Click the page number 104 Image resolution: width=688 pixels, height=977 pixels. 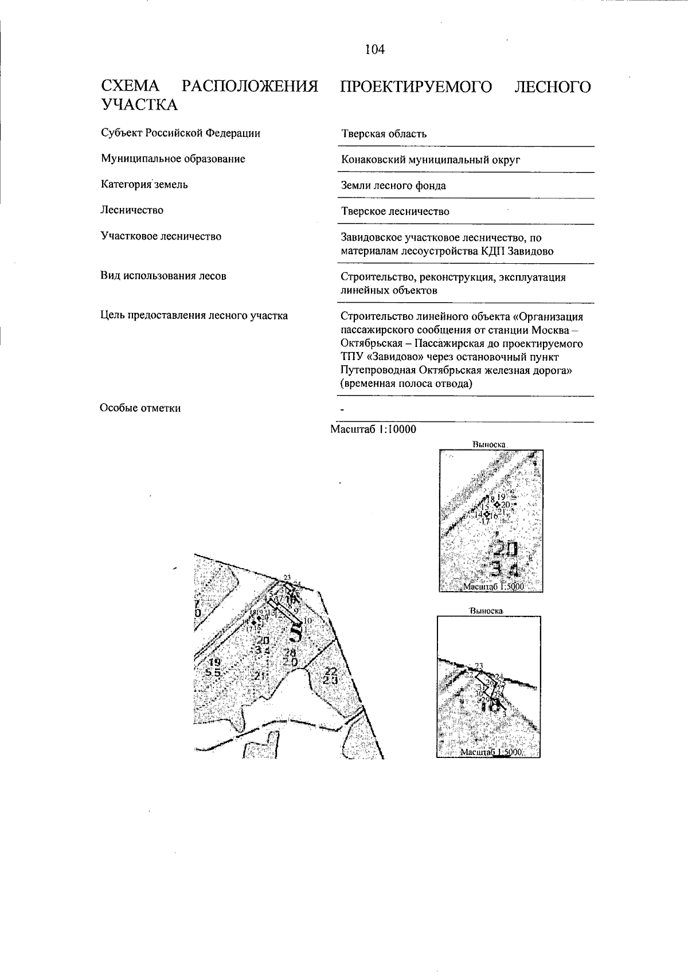374,50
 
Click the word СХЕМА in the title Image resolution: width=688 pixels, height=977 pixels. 131,87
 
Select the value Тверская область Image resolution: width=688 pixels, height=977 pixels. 384,134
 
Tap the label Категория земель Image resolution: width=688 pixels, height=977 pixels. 144,185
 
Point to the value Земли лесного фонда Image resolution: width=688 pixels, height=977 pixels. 393,186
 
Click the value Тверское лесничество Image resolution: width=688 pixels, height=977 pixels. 395,212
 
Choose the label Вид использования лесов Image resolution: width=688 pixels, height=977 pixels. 163,276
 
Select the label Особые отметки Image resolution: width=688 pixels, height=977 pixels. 140,408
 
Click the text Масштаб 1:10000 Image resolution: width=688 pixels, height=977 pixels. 373,429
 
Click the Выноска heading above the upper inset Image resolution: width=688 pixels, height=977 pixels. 489,444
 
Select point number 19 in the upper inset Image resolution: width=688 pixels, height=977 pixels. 501,497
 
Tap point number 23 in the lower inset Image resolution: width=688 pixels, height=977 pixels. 479,665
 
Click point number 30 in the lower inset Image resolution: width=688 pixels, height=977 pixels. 478,694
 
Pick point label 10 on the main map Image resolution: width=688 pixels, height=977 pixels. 307,620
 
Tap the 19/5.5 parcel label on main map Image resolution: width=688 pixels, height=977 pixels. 213,667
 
